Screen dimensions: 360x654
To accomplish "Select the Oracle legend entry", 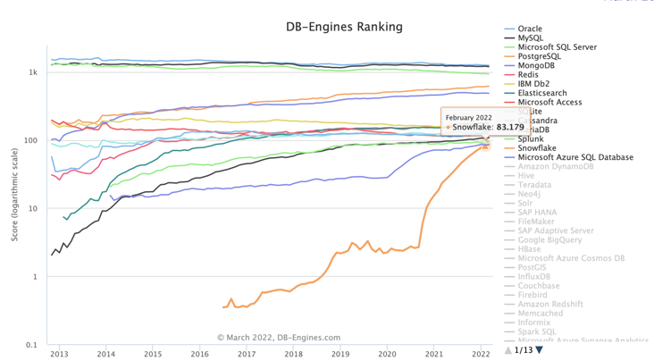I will pyautogui.click(x=530, y=29).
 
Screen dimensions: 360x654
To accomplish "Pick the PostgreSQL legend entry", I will pyautogui.click(x=540, y=56).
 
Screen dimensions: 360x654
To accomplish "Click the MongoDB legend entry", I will pyautogui.click(x=537, y=65).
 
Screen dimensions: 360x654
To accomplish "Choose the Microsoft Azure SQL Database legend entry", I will pyautogui.click(x=575, y=157).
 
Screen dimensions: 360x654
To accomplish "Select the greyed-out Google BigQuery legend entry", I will pyautogui.click(x=549, y=239).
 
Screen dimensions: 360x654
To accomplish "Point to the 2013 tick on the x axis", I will pyautogui.click(x=59, y=354).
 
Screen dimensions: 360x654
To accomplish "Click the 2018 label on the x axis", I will pyautogui.click(x=293, y=354).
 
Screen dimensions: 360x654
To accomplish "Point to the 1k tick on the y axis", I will pyautogui.click(x=32, y=72).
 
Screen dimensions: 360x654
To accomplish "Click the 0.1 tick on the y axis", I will pyautogui.click(x=31, y=345).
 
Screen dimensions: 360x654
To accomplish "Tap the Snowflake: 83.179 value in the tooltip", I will pyautogui.click(x=488, y=127).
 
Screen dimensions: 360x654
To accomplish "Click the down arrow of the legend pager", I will pyautogui.click(x=540, y=350).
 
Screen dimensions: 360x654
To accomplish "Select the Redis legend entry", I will pyautogui.click(x=528, y=75).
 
